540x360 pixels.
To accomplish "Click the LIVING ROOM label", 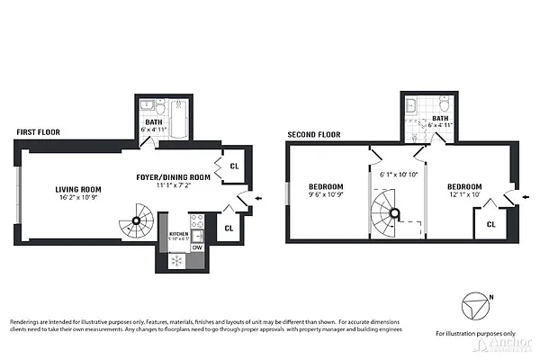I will pos(78,189).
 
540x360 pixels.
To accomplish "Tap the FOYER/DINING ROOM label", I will pos(174,176).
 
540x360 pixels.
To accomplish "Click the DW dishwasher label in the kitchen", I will pos(196,247).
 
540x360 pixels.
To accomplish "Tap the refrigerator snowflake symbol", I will pos(176,261).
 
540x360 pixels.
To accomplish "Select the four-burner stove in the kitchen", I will pos(197,222).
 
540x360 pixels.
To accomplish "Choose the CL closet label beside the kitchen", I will pos(229,229).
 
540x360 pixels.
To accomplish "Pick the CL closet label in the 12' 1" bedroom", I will pos(492,224).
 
